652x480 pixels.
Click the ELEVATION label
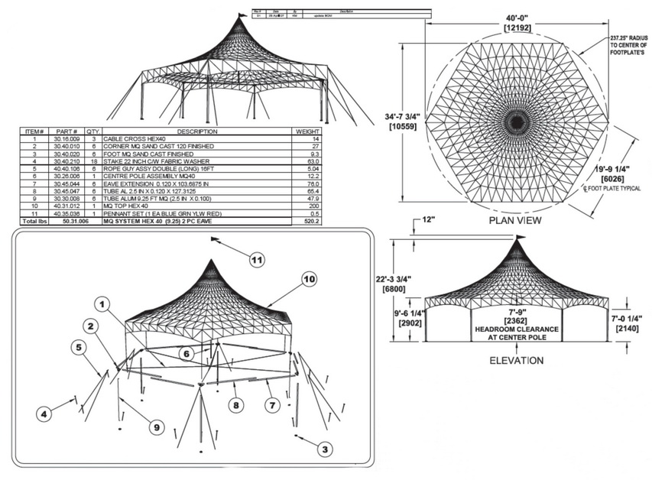(517, 360)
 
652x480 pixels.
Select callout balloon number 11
(258, 261)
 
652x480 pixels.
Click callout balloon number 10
(308, 280)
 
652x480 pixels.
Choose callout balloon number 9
(155, 427)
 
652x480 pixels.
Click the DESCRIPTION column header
(197, 131)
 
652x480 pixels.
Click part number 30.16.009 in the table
(66, 139)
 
